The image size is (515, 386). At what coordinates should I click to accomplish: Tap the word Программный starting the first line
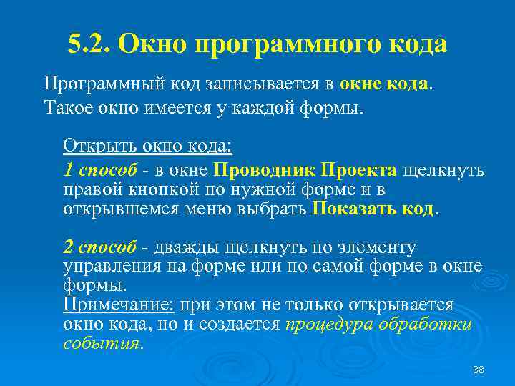point(104,83)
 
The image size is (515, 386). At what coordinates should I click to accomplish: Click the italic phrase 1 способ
point(100,170)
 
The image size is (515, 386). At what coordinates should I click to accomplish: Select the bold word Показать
point(352,209)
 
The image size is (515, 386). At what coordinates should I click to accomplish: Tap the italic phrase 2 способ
point(100,247)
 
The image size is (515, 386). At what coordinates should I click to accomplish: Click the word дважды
point(185,247)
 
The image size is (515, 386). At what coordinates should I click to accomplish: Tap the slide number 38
point(479,369)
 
